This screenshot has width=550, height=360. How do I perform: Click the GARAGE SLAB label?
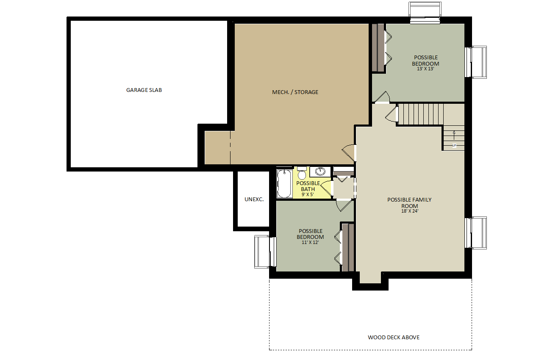(144, 90)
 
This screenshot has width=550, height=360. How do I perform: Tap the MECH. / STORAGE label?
(295, 92)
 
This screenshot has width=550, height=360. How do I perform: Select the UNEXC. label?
(254, 199)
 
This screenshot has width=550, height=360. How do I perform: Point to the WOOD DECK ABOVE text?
(394, 338)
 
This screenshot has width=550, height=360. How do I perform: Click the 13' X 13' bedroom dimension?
(425, 69)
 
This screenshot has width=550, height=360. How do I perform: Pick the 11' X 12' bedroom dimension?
(310, 242)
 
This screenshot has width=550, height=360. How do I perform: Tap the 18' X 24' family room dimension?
(410, 211)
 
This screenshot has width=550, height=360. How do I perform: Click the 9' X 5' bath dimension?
(308, 194)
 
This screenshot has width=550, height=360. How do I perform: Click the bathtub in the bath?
(284, 183)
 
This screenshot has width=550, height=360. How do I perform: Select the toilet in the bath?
(302, 173)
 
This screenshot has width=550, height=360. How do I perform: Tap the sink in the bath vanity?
(320, 171)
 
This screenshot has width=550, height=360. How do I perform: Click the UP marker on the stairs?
(454, 146)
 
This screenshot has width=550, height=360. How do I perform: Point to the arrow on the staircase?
(454, 135)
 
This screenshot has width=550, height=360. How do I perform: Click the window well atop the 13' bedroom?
(425, 12)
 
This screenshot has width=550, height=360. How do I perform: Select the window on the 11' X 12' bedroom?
(265, 252)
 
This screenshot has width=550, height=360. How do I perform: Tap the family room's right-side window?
(476, 233)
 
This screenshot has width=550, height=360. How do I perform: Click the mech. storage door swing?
(349, 152)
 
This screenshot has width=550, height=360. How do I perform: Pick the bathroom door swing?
(327, 188)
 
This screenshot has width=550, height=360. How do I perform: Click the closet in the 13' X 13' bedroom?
(378, 47)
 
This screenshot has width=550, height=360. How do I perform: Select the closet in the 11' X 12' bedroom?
(348, 247)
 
